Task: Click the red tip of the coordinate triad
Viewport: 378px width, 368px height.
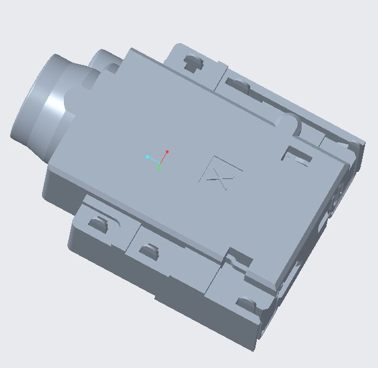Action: point(167,152)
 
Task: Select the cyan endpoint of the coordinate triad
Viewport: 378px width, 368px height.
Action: point(147,157)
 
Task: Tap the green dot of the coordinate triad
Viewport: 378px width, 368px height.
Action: point(159,168)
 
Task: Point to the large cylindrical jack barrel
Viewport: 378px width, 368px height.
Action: point(41,106)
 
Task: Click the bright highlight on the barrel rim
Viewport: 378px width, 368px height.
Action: point(54,100)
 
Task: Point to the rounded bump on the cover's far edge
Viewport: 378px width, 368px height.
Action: point(287,122)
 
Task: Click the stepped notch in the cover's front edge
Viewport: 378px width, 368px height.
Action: point(240,258)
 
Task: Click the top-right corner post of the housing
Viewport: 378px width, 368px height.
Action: point(357,148)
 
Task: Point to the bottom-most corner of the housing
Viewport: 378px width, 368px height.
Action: point(254,349)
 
